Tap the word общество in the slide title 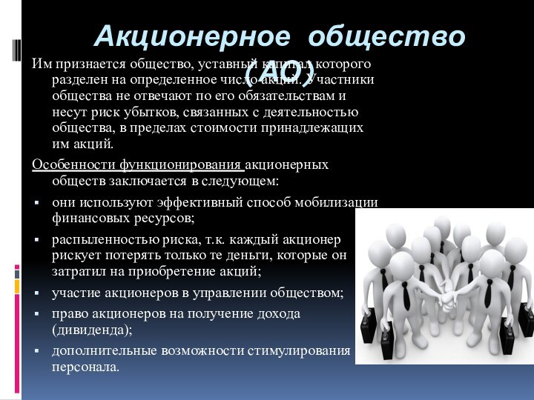pyautogui.click(x=387, y=35)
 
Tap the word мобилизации pyautogui.click(x=337, y=203)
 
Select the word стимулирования pyautogui.click(x=301, y=350)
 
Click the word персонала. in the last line pyautogui.click(x=85, y=366)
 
